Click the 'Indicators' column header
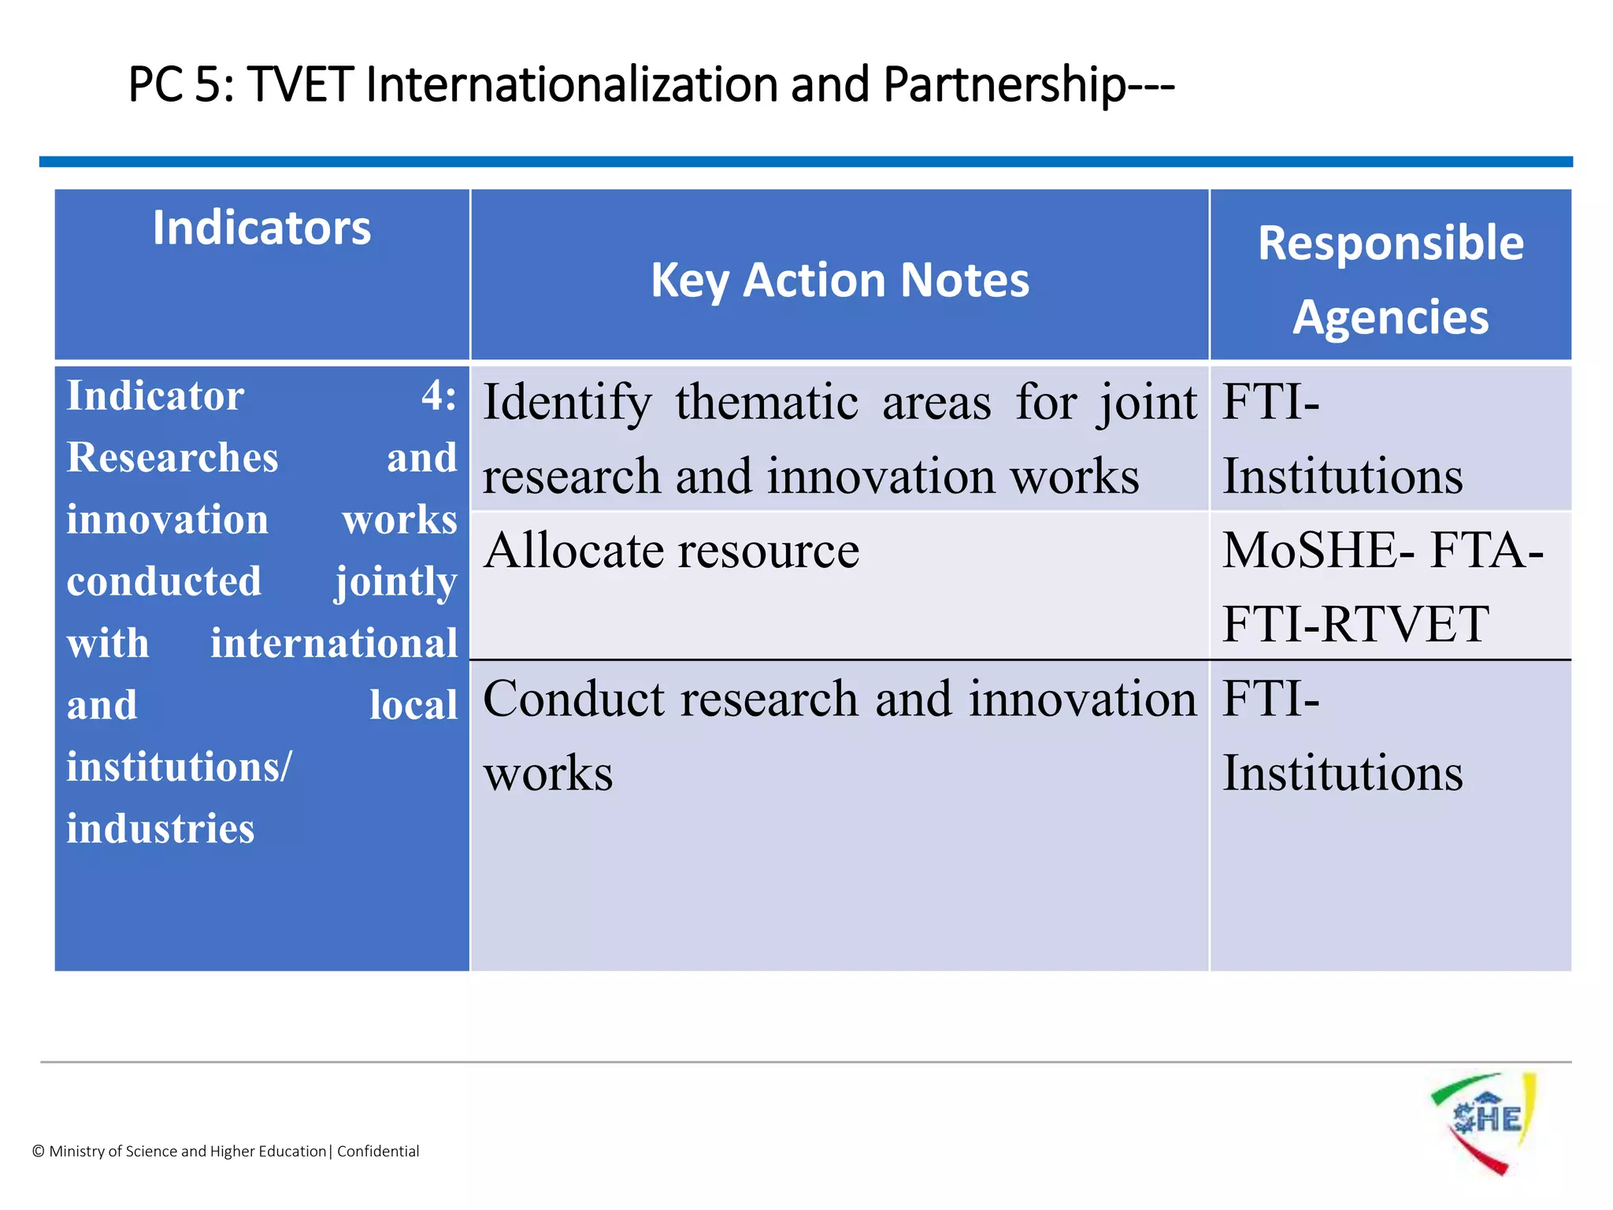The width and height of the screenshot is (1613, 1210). click(261, 228)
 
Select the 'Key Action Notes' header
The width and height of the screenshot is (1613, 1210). click(840, 280)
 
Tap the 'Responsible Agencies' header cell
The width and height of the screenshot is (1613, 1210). click(1390, 279)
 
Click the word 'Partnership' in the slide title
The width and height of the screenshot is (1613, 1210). click(1005, 85)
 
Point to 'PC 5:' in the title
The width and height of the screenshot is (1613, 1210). click(180, 85)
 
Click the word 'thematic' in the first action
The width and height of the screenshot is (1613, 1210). click(766, 403)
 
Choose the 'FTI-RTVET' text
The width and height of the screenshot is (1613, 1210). click(1355, 624)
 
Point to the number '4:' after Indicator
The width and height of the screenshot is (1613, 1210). click(439, 395)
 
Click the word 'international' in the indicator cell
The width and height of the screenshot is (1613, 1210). click(334, 643)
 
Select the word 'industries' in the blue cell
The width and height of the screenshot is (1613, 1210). click(161, 829)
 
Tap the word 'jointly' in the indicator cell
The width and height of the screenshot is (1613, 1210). click(396, 582)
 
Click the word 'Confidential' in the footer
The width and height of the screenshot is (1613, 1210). click(378, 1151)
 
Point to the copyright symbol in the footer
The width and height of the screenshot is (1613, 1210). click(39, 1152)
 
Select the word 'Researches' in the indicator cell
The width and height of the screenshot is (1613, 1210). click(172, 458)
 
